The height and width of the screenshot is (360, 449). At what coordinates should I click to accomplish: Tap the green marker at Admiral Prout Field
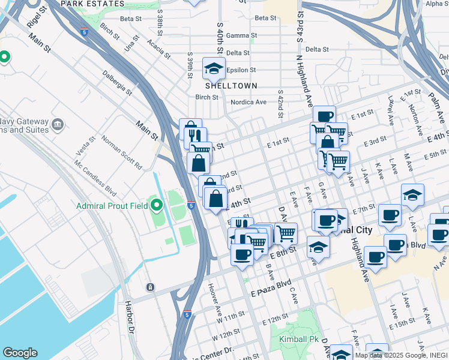[x=157, y=206]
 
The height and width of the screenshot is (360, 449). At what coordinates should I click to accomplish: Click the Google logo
[x=20, y=353]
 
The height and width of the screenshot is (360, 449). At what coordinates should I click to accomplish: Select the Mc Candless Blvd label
[x=95, y=178]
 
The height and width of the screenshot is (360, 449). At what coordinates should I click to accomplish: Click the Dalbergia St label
[x=117, y=83]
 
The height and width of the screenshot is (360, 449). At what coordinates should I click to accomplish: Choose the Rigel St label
[x=37, y=17]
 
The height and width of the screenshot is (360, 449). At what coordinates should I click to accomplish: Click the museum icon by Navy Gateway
[x=58, y=125]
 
